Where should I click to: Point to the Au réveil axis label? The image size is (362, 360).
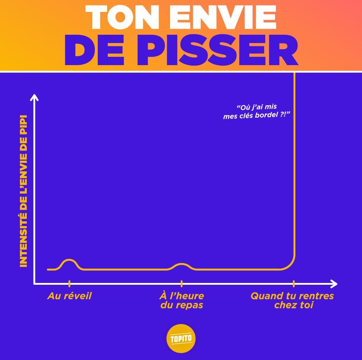coord(70,296)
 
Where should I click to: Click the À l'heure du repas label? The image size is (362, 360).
coord(181,301)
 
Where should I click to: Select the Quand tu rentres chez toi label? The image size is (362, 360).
coord(292,301)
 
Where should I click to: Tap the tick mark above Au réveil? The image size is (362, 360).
coord(69,283)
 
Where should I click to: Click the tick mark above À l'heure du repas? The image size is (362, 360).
coord(181,283)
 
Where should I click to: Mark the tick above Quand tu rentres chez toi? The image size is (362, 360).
coord(294,283)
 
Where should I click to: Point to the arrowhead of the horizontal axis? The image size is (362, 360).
coord(334,283)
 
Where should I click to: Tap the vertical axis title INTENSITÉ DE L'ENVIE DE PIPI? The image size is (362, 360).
coord(24,192)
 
